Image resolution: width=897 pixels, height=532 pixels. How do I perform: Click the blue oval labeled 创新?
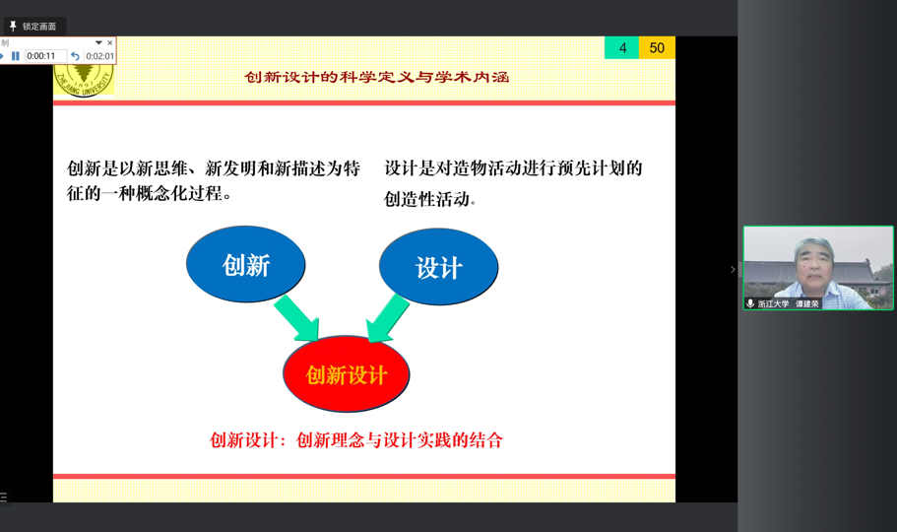point(245,264)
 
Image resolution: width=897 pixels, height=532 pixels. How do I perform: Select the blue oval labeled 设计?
point(438,267)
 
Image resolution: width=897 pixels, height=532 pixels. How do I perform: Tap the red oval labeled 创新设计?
point(347,374)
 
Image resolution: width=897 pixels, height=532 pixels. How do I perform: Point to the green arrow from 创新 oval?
point(296,318)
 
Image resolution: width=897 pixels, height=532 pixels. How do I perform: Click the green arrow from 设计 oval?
point(387,318)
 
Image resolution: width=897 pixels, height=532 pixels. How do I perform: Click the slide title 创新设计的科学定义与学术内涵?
point(376,77)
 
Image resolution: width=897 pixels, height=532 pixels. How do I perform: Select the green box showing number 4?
point(622,47)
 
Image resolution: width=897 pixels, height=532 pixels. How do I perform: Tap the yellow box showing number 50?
point(658,47)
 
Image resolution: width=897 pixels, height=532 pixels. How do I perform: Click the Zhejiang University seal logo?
point(84,80)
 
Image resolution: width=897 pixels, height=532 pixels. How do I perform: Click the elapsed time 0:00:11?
point(41,56)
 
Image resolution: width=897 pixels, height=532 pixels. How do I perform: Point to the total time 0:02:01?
point(99,56)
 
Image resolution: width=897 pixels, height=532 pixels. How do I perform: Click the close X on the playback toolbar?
point(110,43)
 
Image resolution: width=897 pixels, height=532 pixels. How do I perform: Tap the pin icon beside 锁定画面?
point(13,26)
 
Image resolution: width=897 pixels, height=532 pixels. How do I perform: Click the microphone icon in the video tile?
point(750,303)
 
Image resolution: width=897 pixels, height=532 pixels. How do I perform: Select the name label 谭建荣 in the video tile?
point(806,304)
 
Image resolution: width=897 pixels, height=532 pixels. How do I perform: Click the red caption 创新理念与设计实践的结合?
point(400,439)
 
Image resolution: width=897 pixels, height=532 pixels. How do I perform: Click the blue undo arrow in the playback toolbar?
point(75,56)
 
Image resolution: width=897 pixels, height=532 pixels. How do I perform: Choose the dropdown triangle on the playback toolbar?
point(98,43)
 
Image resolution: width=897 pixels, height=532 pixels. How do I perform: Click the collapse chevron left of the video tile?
point(733,269)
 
